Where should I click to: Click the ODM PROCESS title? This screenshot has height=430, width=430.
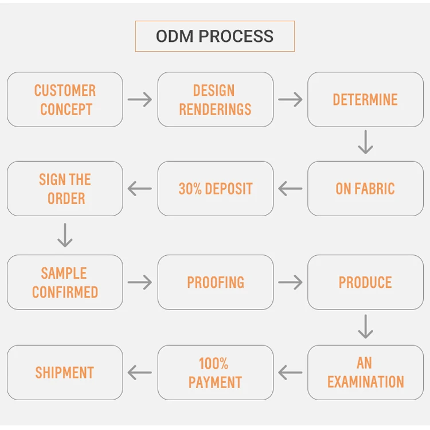[214, 37]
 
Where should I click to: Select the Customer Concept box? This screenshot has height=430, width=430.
[65, 99]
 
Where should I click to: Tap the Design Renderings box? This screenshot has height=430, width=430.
[215, 99]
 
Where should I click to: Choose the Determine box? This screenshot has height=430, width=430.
[365, 99]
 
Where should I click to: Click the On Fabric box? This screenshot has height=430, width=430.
[365, 189]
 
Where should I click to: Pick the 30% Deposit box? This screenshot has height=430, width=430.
[215, 189]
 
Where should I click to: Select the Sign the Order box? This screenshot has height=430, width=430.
[65, 189]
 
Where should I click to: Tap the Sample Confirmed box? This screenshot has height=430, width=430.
[65, 282]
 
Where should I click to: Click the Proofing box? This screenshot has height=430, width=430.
[215, 282]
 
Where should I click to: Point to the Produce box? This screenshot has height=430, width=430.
[365, 282]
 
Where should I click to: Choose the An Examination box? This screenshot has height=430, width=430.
[365, 372]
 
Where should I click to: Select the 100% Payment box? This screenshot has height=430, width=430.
[215, 372]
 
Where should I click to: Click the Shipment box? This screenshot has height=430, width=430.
[65, 372]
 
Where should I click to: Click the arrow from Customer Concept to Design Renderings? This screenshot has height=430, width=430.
[140, 100]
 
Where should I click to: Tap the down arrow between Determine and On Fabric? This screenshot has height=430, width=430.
[365, 143]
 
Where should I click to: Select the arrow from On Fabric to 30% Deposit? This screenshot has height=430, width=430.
[290, 189]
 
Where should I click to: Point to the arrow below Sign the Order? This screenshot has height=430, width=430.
[65, 235]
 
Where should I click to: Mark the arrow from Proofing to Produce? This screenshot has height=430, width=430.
[290, 282]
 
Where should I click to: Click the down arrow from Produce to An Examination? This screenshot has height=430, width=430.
[365, 327]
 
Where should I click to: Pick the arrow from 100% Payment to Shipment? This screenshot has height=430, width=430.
[140, 373]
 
